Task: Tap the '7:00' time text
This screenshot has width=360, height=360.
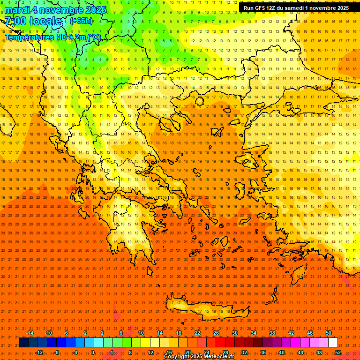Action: click(15, 22)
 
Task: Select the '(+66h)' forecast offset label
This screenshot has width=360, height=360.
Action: click(81, 21)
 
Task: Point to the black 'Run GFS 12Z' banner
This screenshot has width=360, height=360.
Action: click(296, 8)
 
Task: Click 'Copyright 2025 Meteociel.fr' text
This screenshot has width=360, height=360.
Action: click(199, 357)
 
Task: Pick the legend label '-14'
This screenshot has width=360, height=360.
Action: click(30, 333)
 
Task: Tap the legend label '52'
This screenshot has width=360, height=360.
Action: click(338, 352)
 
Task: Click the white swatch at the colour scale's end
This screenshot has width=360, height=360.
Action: click(333, 343)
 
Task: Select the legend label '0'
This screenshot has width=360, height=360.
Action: click(93, 352)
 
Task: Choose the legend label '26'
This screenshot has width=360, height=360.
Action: click(216, 333)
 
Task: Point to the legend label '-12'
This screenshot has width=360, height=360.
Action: click(39, 352)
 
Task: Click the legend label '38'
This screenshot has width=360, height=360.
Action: click(272, 333)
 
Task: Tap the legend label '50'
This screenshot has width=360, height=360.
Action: click(329, 333)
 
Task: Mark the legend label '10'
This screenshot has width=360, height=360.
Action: click(141, 333)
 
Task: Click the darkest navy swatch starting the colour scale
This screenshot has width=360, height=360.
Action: click(24, 343)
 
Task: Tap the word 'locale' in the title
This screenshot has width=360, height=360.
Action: click(45, 22)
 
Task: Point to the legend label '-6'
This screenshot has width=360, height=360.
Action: click(66, 333)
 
